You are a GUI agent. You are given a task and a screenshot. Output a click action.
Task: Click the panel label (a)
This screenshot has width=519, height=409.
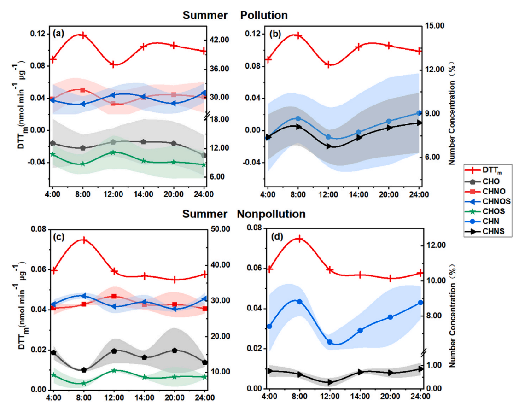[58, 33]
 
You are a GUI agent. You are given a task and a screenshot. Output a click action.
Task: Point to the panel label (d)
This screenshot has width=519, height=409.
[277, 237]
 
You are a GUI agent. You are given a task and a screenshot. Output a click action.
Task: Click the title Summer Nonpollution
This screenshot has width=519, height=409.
[244, 214]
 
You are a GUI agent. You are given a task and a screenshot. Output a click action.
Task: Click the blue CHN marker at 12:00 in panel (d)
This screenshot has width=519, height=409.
[330, 342]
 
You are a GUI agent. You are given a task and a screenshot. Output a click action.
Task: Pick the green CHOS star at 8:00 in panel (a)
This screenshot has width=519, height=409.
[83, 164]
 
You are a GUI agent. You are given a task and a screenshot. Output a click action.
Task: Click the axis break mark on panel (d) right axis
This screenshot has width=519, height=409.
[424, 352]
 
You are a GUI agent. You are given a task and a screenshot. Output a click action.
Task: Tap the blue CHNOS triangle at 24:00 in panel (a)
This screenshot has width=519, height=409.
[204, 93]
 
